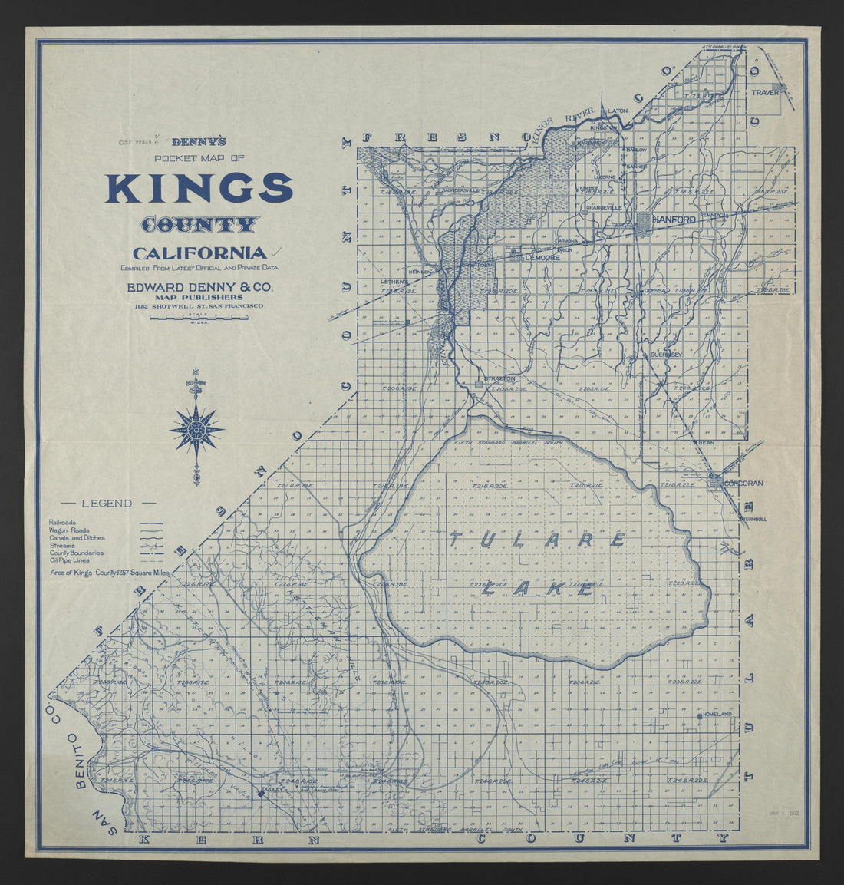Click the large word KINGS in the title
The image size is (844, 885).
199,187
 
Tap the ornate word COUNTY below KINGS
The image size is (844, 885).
199,225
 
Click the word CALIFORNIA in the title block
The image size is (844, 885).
199,253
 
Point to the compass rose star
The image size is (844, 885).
197,429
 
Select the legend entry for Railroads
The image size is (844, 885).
62,522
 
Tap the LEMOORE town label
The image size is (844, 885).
542,258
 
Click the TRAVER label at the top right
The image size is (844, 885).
764,92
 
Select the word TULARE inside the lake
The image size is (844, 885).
537,540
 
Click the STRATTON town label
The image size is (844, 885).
499,378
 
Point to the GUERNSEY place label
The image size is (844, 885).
665,355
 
